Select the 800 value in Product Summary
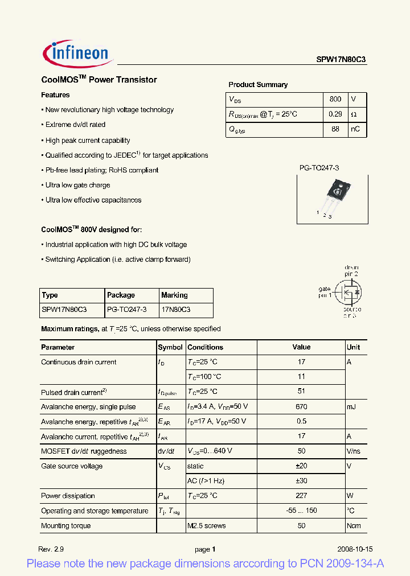[335, 99]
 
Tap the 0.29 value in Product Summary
[335, 114]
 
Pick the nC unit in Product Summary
[355, 129]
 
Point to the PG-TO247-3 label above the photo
[319, 168]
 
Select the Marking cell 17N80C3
[175, 310]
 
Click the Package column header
[121, 295]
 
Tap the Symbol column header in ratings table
[170, 347]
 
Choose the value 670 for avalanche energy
[301, 406]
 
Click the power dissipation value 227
[301, 496]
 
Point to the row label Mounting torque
[65, 525]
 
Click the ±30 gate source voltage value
[301, 481]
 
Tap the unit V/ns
[354, 451]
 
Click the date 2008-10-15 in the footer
[355, 549]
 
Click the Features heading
[55, 95]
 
